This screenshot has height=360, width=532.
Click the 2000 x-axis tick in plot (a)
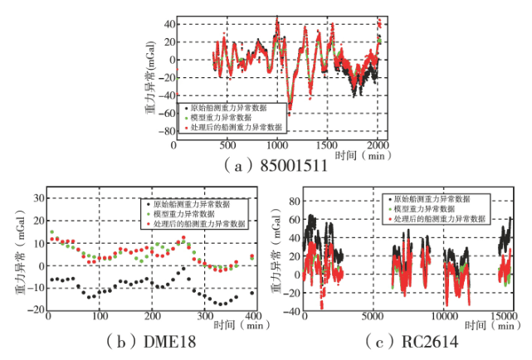click(x=378, y=144)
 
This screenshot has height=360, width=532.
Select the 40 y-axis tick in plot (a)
click(x=167, y=23)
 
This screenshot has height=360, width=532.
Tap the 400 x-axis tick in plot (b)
click(x=254, y=316)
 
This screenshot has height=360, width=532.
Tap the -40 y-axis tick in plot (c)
click(x=291, y=312)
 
